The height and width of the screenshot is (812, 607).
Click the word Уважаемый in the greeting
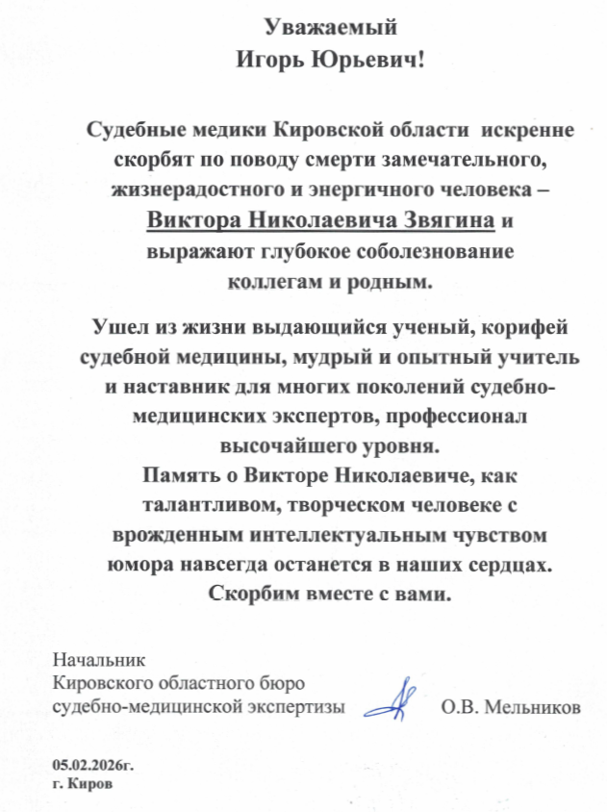329,27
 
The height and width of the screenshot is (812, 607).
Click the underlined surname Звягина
449,221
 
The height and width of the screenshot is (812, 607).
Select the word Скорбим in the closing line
252,592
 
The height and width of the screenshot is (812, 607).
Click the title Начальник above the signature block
99,661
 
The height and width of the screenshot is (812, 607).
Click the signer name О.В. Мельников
509,709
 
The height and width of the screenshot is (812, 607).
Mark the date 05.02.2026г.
93,767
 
